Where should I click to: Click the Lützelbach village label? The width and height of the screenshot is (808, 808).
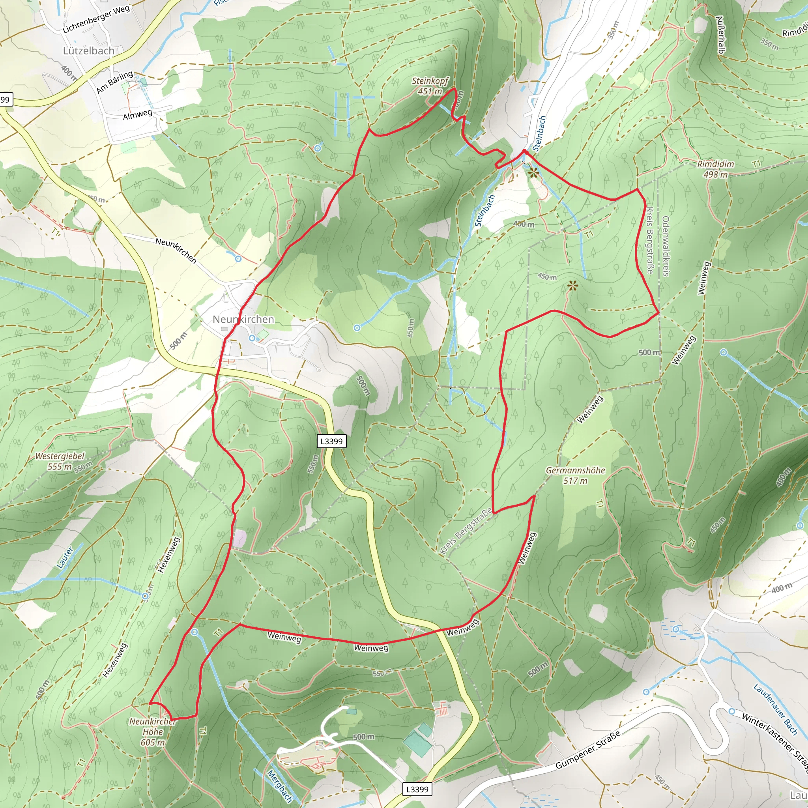[89, 51]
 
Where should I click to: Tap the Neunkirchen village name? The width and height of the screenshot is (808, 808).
[243, 320]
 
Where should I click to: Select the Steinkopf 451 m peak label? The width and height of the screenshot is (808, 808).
[430, 86]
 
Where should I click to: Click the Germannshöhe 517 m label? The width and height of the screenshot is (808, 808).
[576, 475]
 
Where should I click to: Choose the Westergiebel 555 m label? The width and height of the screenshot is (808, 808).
[60, 461]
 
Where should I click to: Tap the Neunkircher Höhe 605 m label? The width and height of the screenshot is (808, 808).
[153, 732]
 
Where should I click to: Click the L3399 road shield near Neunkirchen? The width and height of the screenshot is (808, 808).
[332, 441]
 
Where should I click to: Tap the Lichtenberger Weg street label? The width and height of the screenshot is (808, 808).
[96, 20]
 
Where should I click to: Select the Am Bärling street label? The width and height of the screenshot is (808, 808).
[114, 82]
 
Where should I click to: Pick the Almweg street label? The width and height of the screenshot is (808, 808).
[137, 114]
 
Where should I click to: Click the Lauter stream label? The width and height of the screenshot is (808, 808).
[65, 558]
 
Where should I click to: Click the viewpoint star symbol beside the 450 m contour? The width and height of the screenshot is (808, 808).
[573, 286]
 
